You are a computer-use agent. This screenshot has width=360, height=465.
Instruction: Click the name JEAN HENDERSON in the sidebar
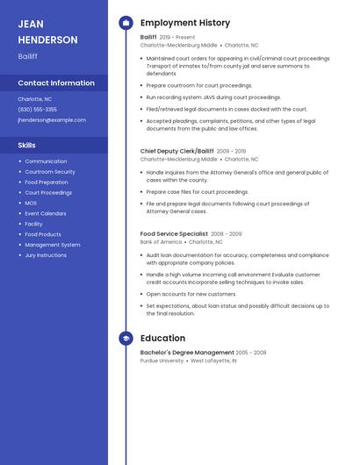point(47,32)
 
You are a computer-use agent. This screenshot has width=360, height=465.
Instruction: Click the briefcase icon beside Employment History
point(126,23)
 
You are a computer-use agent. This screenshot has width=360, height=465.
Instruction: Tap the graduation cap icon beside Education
point(126,338)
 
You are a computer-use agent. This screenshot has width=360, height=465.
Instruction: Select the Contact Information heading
point(56,83)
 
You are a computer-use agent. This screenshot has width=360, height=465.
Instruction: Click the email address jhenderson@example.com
point(52,119)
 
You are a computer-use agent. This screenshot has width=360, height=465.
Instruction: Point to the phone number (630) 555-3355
point(37,110)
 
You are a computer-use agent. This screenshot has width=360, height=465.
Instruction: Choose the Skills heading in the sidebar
point(27,145)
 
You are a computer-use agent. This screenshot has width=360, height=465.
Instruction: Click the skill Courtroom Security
point(50,172)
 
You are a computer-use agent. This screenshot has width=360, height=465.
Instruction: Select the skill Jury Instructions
point(46,255)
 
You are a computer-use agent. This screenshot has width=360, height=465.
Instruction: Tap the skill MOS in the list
point(31,203)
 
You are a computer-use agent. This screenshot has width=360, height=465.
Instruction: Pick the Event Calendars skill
point(46,213)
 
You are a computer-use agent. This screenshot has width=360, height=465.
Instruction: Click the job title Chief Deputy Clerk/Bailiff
point(176,151)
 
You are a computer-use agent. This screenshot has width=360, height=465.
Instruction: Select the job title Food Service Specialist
point(174,234)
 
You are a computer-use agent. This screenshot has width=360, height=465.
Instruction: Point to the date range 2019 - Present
point(177,38)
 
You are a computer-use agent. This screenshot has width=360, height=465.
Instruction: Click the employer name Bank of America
point(161,242)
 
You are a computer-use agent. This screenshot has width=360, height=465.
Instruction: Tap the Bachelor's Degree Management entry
point(187,352)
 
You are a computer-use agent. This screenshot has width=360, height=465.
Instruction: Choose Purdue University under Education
point(162,361)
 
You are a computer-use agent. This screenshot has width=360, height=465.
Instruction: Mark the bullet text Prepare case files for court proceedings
point(198,191)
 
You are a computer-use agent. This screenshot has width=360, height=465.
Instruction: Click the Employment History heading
point(185,23)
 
